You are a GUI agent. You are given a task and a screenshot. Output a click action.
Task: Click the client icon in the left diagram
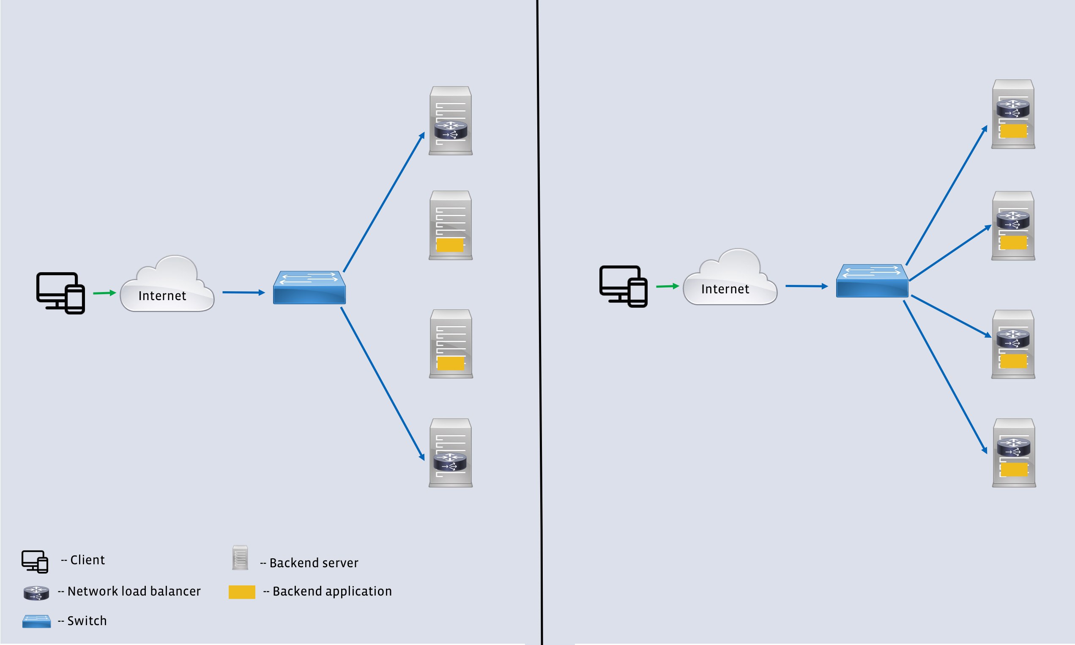tap(60, 292)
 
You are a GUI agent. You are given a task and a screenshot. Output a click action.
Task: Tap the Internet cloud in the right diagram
tap(730, 278)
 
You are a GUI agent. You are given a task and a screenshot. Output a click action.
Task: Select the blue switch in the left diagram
tap(309, 288)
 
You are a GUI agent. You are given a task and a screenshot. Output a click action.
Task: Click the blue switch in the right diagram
tap(872, 281)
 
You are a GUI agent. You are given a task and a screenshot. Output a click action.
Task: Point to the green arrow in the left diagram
tap(104, 293)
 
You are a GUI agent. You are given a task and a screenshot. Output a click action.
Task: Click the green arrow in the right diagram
tap(667, 286)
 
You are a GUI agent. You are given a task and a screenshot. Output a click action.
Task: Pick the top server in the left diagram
tap(450, 120)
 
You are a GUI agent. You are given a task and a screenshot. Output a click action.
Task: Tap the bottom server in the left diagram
tap(450, 452)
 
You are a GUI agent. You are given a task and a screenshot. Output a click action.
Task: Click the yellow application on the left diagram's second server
tap(450, 245)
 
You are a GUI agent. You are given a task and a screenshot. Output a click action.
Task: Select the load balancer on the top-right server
tap(1013, 108)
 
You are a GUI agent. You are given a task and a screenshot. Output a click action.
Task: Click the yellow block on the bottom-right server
tap(1014, 470)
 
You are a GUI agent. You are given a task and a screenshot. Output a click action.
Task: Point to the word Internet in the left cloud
tap(162, 296)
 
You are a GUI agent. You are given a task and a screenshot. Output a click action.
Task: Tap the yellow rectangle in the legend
tap(242, 592)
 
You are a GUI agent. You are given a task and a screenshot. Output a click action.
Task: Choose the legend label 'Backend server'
tap(314, 563)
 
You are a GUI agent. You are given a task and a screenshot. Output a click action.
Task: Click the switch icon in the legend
tap(36, 621)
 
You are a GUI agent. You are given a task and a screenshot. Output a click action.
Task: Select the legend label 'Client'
tap(88, 560)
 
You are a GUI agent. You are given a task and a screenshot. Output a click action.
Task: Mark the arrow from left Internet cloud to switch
tap(243, 292)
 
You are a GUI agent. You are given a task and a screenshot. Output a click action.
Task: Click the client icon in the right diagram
tap(624, 286)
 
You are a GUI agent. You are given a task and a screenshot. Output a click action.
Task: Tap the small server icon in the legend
tap(240, 558)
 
